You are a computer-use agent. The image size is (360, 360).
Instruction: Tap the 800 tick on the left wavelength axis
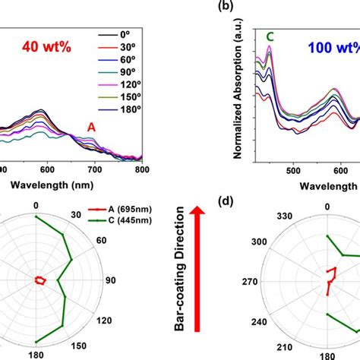click(142, 170)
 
